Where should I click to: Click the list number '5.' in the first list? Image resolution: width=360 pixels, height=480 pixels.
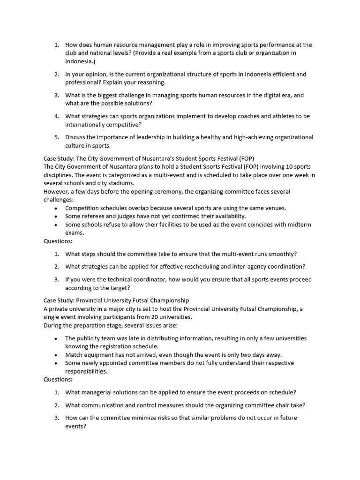click(56, 137)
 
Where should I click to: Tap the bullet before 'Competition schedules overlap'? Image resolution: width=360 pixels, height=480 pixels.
click(57, 208)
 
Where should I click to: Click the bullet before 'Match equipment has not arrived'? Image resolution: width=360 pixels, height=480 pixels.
click(57, 355)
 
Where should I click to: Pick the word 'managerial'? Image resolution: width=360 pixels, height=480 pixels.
click(96, 392)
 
